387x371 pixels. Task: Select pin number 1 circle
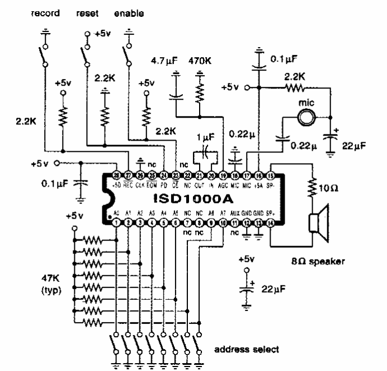(116, 223)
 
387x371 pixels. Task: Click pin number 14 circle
(271, 223)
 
